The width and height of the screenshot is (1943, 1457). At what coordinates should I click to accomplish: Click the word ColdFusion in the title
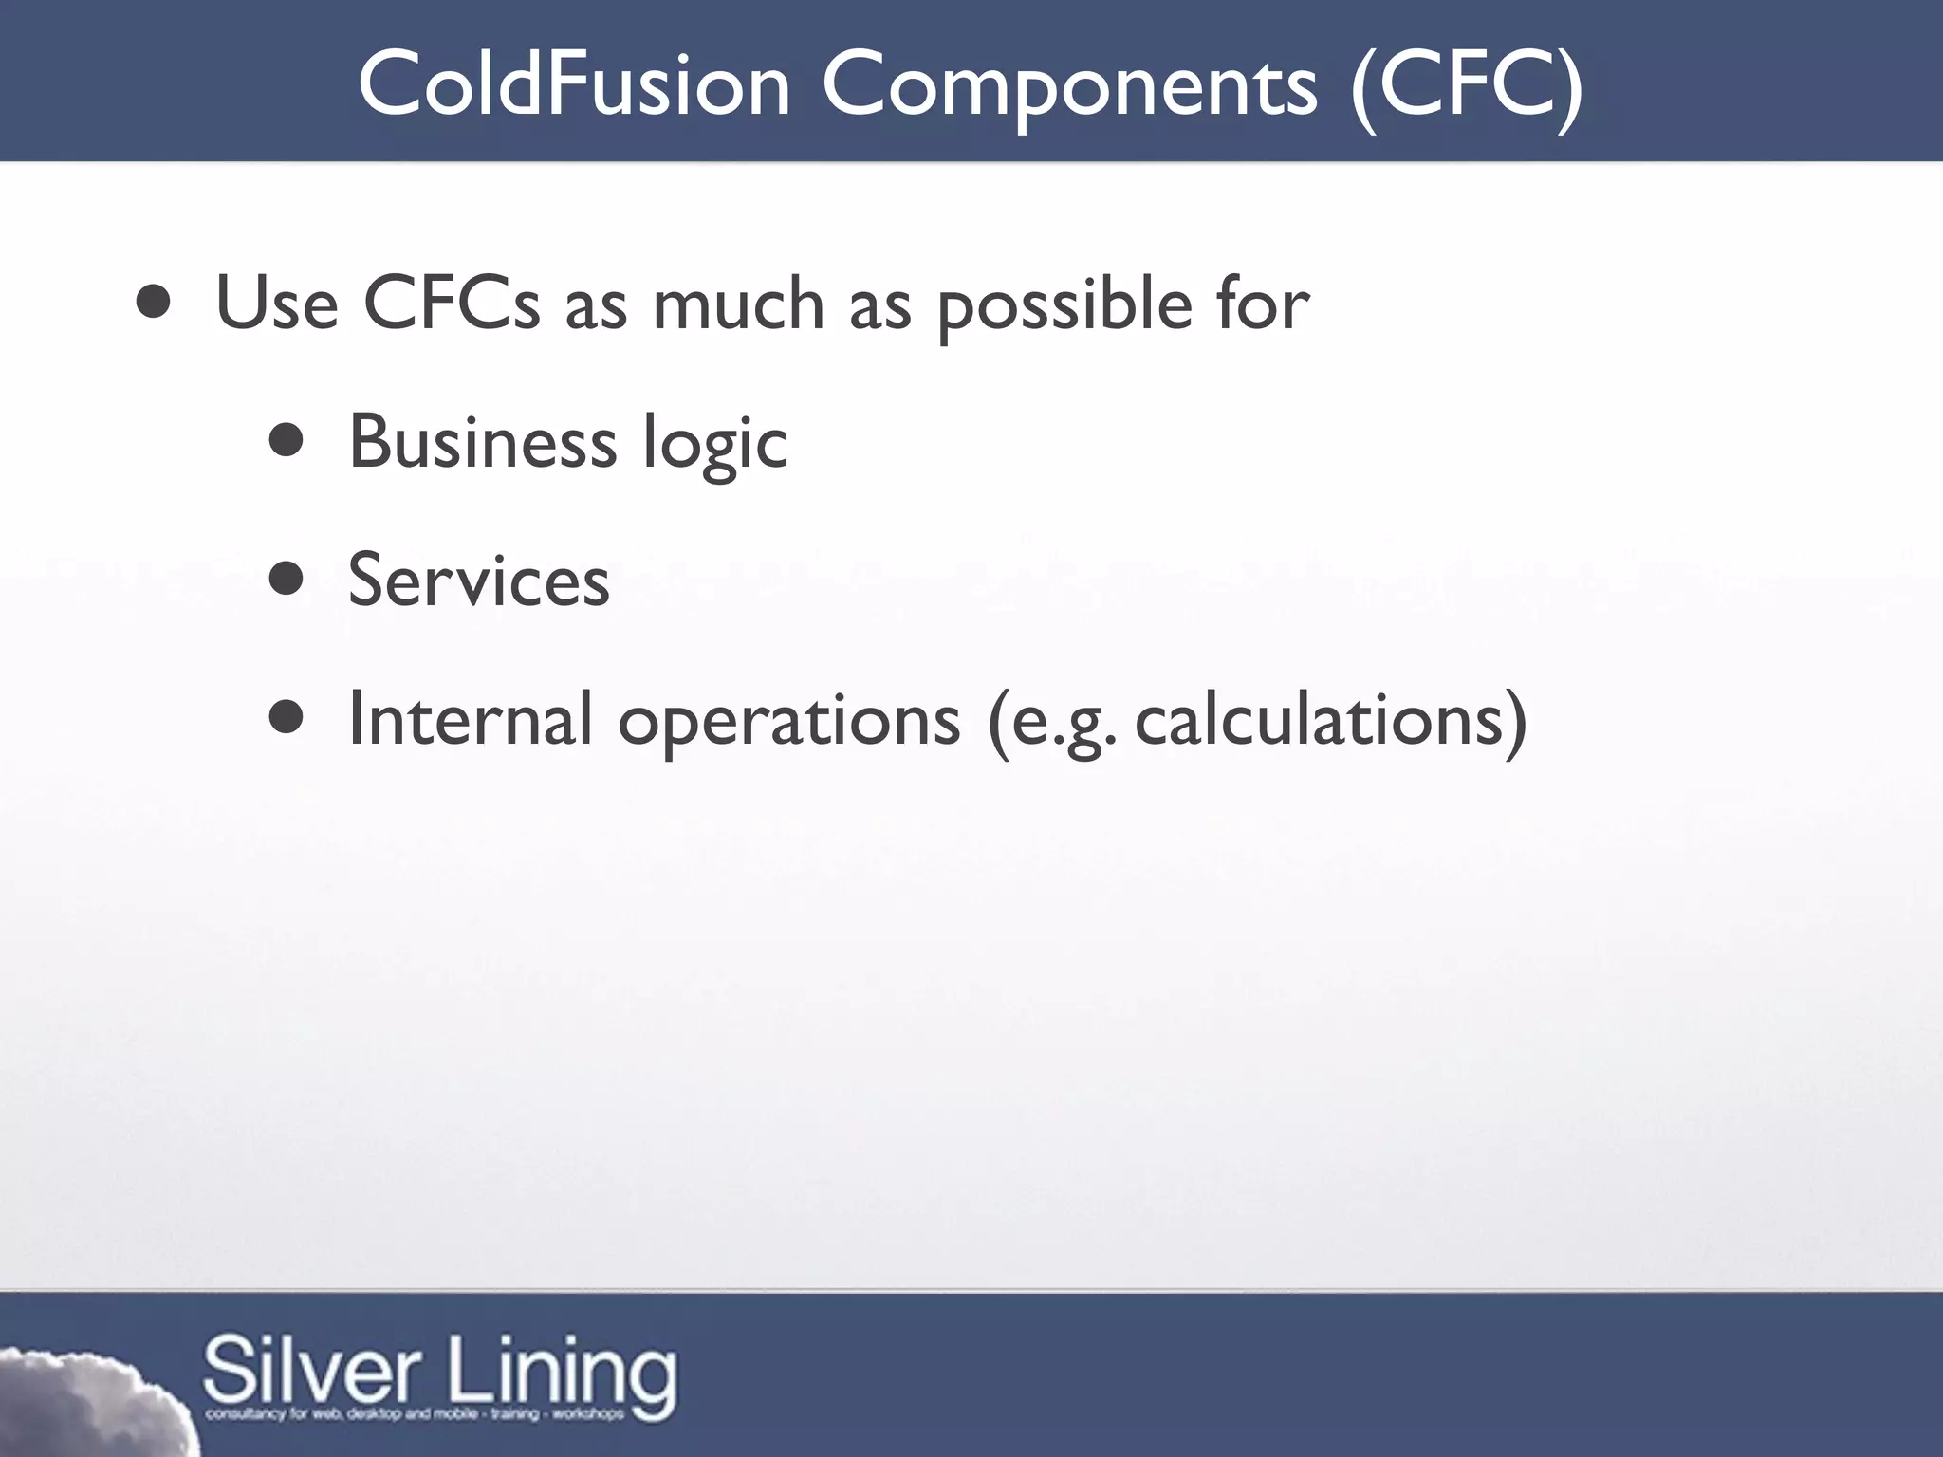[x=573, y=85]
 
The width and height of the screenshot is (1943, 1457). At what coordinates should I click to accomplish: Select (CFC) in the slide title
[x=1466, y=85]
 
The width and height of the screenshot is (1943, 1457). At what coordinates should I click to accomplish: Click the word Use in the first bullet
[x=276, y=304]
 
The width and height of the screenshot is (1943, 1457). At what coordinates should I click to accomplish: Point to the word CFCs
[x=451, y=304]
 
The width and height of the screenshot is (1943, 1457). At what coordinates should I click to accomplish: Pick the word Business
[x=483, y=442]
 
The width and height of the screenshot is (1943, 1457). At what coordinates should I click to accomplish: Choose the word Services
[x=479, y=581]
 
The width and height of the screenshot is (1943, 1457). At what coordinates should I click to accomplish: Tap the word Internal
[x=471, y=719]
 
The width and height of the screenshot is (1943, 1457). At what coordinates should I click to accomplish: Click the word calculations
[x=1318, y=719]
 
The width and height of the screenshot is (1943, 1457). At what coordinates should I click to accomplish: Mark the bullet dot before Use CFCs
[x=153, y=303]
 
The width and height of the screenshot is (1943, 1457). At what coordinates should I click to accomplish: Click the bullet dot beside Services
[x=286, y=579]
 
